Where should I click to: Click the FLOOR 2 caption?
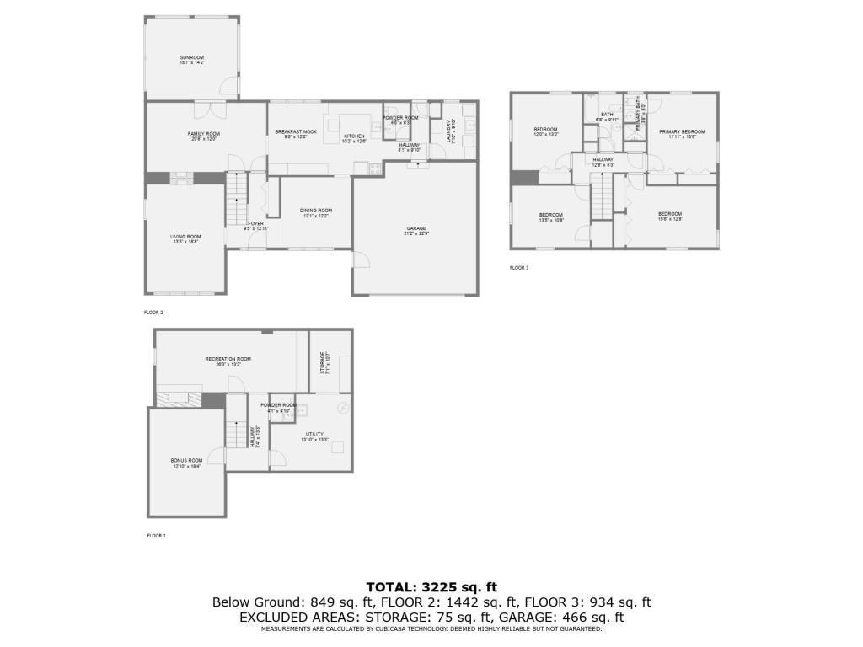153,312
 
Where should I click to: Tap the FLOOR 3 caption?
519,268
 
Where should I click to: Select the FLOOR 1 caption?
157,536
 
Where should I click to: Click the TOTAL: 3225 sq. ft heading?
431,587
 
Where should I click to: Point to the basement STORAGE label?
322,362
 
